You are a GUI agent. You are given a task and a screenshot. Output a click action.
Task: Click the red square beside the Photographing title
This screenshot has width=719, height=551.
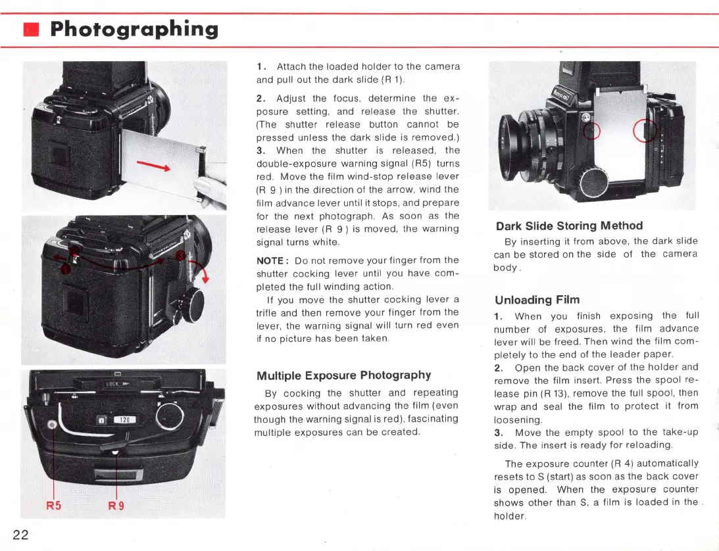(31, 30)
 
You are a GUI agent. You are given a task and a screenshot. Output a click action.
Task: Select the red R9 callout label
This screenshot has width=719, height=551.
(117, 506)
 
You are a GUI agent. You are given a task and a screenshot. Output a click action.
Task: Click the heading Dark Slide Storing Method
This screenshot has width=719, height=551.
(568, 226)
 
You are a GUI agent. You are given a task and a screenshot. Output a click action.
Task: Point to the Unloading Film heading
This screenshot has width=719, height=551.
(528, 300)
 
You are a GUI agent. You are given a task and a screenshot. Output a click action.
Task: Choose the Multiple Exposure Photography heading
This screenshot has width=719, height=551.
(343, 375)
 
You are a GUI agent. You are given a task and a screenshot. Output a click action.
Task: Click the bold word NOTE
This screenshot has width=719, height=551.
(270, 260)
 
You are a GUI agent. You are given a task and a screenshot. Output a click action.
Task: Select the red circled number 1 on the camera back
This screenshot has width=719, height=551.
(64, 267)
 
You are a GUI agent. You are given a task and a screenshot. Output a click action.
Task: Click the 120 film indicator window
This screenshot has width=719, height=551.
(125, 419)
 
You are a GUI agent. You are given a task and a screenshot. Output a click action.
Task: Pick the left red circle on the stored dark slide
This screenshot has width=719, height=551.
(593, 132)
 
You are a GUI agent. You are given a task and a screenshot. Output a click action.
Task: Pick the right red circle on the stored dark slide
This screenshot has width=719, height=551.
(643, 132)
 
